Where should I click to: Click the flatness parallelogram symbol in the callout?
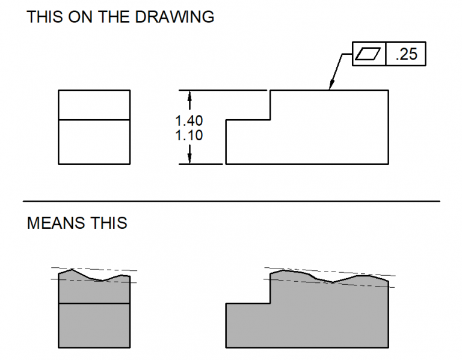pyautogui.click(x=368, y=55)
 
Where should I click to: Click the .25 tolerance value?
pyautogui.click(x=406, y=55)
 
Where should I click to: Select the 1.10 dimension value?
pyautogui.click(x=189, y=136)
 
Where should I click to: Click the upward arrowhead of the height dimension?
pyautogui.click(x=189, y=96)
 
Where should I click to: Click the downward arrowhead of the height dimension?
pyautogui.click(x=189, y=158)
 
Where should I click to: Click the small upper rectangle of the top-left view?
pyautogui.click(x=94, y=105)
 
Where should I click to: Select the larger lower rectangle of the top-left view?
pyautogui.click(x=94, y=142)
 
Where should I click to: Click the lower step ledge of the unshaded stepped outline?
pyautogui.click(x=247, y=120)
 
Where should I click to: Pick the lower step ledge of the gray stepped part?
pyautogui.click(x=247, y=303)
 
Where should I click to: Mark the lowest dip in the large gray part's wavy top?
pyautogui.click(x=332, y=282)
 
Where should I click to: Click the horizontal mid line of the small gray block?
pyautogui.click(x=94, y=303)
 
